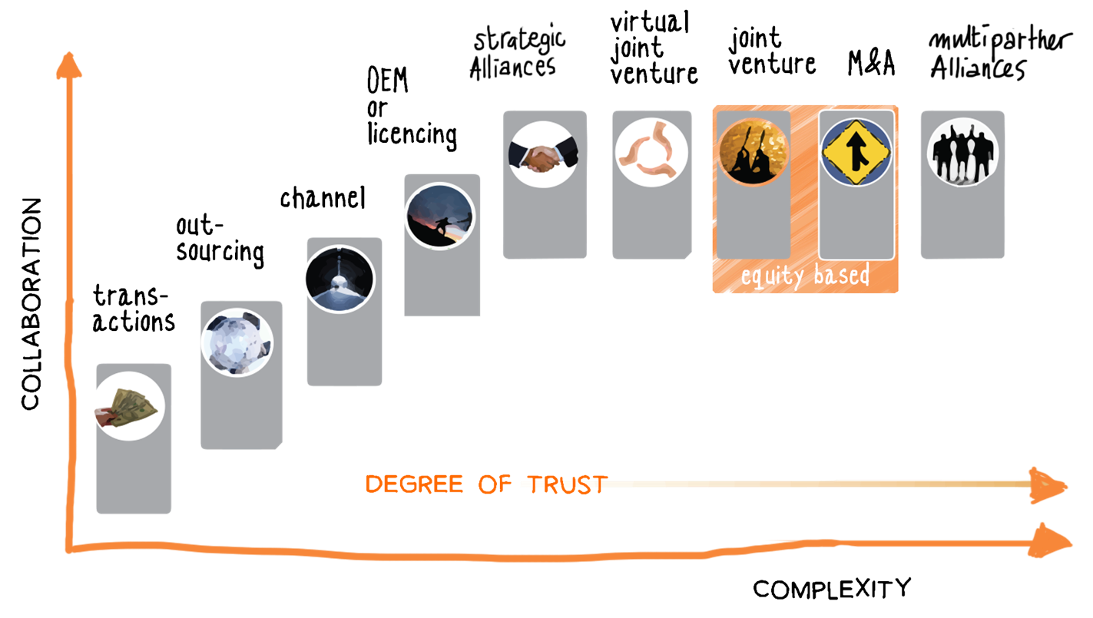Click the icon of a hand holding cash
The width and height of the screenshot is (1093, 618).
[128, 406]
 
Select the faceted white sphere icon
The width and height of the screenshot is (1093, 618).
[237, 341]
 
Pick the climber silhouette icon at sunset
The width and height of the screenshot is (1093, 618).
[439, 216]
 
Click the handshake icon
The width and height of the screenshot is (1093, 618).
[543, 154]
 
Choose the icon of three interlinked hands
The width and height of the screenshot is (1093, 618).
[651, 153]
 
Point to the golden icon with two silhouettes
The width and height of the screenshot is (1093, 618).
[754, 151]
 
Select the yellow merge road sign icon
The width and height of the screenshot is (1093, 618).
[856, 152]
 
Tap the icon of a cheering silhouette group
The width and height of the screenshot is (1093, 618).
[962, 151]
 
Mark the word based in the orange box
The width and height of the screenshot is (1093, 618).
[843, 275]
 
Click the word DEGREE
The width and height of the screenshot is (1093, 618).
[414, 484]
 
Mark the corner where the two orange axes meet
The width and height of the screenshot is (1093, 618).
[71, 547]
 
